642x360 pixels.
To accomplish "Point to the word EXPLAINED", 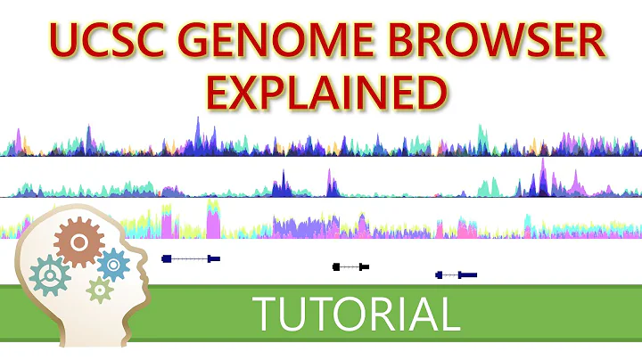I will [x=322, y=92].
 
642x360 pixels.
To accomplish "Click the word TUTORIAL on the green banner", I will [x=356, y=315].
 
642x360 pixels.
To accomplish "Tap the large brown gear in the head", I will [x=78, y=241].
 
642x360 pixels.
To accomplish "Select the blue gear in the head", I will [x=113, y=265].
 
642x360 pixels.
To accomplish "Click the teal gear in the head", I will [x=50, y=276].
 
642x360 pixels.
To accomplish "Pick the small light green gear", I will [x=100, y=289].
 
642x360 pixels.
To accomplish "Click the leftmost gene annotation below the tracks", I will [x=190, y=258].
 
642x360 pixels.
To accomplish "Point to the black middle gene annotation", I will [x=350, y=266].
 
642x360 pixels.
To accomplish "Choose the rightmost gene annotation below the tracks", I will [x=456, y=275].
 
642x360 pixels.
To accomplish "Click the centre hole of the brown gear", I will [x=78, y=241].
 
